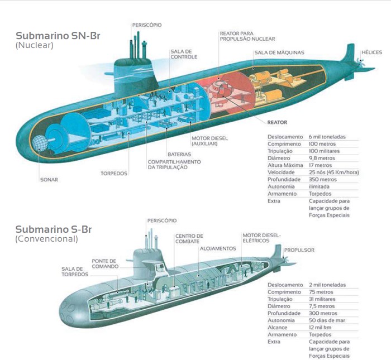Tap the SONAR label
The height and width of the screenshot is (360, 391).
click(49, 179)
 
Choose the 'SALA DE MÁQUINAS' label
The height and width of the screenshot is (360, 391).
click(279, 52)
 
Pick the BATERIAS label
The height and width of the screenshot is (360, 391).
click(179, 154)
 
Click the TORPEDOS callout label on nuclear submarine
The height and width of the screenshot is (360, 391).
click(114, 173)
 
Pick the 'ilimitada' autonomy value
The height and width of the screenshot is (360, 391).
click(319, 187)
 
